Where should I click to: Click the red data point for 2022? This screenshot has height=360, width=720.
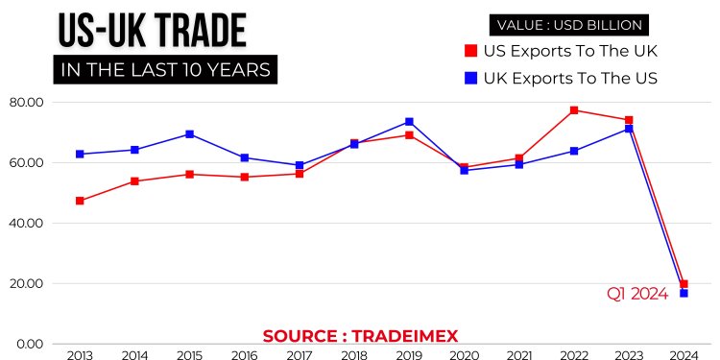click(x=574, y=110)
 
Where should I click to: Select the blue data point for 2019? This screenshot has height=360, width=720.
click(x=409, y=122)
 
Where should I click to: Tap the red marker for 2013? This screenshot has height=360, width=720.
click(x=80, y=201)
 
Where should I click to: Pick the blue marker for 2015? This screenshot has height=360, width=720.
click(x=190, y=134)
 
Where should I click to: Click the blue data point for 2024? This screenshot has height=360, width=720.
click(x=684, y=293)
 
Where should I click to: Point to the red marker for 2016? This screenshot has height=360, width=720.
click(x=245, y=177)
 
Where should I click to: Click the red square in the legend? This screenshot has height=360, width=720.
click(x=470, y=50)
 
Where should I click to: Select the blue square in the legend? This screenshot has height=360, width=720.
click(x=470, y=78)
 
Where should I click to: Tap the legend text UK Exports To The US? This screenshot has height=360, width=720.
click(x=570, y=78)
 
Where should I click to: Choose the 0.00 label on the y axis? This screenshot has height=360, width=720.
click(x=29, y=345)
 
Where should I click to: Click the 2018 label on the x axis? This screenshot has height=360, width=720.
click(x=354, y=356)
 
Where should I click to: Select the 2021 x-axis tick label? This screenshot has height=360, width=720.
click(x=519, y=356)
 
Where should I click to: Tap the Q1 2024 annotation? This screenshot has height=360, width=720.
click(x=636, y=295)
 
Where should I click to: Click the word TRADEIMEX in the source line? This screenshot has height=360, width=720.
click(x=405, y=336)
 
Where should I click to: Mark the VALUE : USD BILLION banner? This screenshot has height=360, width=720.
click(x=569, y=24)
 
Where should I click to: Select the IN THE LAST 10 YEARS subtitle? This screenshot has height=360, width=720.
click(x=164, y=70)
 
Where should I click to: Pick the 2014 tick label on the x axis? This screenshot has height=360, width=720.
click(x=134, y=356)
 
